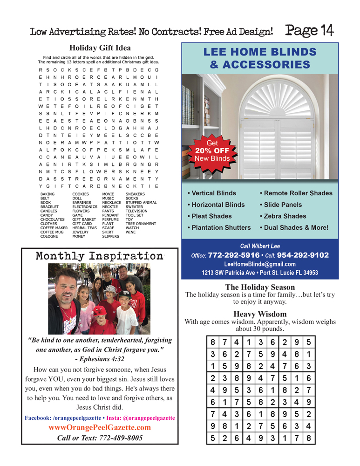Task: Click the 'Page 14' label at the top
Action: click(x=309, y=31)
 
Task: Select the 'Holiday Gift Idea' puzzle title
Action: click(x=100, y=48)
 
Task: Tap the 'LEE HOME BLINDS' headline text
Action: click(x=259, y=52)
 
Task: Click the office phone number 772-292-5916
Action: click(x=233, y=255)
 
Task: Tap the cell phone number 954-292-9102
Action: click(x=303, y=255)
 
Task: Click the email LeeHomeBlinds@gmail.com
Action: click(x=259, y=264)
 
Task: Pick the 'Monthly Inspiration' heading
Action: click(x=99, y=256)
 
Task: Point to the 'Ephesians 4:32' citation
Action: click(x=99, y=359)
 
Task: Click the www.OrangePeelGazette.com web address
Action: click(x=100, y=428)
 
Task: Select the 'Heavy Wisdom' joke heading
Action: click(x=260, y=314)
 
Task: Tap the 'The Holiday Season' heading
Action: click(x=260, y=287)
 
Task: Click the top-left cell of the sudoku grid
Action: click(x=212, y=343)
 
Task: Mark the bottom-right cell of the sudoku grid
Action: click(x=308, y=438)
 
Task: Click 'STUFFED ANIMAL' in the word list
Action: click(x=141, y=203)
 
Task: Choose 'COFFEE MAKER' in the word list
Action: click(x=54, y=228)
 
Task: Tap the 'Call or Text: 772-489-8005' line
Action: click(x=100, y=438)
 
